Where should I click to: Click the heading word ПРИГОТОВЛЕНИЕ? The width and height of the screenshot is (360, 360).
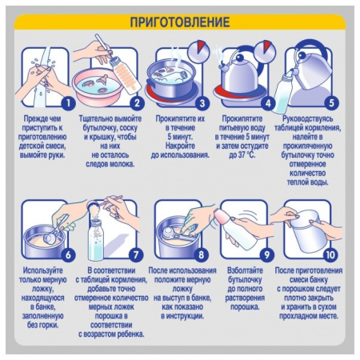coord(180,22)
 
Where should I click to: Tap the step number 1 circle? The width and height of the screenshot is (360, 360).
coord(69,103)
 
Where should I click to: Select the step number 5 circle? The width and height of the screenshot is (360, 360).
coord(331,103)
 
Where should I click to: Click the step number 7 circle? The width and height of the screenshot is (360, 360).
coord(136,255)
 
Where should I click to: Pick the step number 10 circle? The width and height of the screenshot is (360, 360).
coord(330,255)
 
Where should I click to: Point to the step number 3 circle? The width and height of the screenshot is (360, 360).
coord(202,103)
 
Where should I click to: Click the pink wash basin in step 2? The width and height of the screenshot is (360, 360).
coord(98,87)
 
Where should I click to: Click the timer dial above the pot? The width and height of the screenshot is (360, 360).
coord(198,51)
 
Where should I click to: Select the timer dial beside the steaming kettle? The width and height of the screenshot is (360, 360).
coord(265,51)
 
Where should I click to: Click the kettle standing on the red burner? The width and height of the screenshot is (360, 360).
coord(239,74)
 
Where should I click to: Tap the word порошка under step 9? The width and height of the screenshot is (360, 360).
coord(245,307)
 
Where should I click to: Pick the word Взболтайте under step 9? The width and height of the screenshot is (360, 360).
coord(245,270)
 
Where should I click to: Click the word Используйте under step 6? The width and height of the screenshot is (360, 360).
coord(42,270)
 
